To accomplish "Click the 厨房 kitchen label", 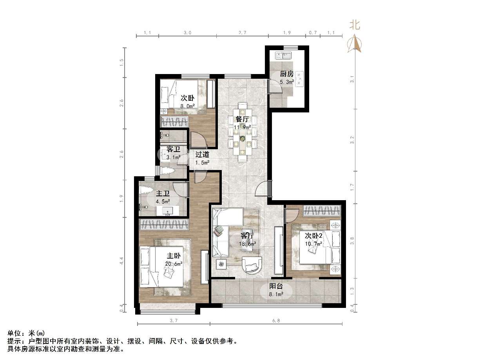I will [x=286, y=74].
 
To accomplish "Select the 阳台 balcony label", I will [x=275, y=286].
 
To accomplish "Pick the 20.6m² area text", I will [x=174, y=264].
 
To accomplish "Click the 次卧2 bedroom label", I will [x=313, y=235].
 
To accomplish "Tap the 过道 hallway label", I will [x=202, y=154].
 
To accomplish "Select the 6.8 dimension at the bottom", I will [x=276, y=320].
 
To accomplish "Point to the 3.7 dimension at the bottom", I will [x=174, y=320].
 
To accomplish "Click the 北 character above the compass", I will [x=355, y=25].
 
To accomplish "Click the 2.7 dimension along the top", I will [x=242, y=33].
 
